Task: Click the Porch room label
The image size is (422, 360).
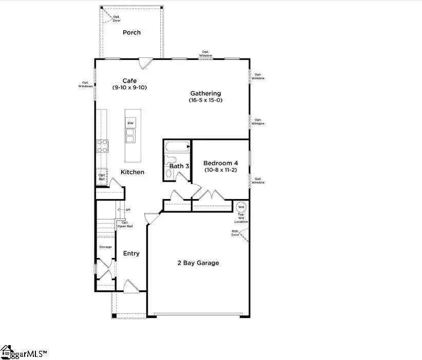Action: click(x=131, y=32)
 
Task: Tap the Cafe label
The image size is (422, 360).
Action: click(x=129, y=81)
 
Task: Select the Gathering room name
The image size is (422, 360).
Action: click(x=205, y=93)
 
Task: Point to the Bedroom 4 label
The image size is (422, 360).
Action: click(x=220, y=163)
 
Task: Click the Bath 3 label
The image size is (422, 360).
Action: click(x=180, y=166)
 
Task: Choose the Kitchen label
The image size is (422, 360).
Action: click(x=132, y=172)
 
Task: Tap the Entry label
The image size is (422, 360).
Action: click(x=131, y=253)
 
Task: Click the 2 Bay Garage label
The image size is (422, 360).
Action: click(x=198, y=263)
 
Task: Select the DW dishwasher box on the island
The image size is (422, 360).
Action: click(x=130, y=123)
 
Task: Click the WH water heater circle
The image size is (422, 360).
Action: click(x=241, y=207)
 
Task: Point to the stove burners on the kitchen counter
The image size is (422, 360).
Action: click(x=102, y=146)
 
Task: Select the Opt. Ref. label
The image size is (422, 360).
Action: click(x=102, y=177)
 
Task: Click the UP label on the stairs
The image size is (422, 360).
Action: click(x=128, y=210)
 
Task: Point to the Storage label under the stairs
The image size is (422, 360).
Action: click(x=105, y=247)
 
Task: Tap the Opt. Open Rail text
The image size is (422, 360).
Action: click(x=125, y=224)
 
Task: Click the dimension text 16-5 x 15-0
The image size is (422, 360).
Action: click(x=205, y=101)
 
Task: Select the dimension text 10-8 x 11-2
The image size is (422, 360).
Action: click(x=220, y=170)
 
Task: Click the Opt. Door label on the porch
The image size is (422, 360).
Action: click(x=117, y=18)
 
